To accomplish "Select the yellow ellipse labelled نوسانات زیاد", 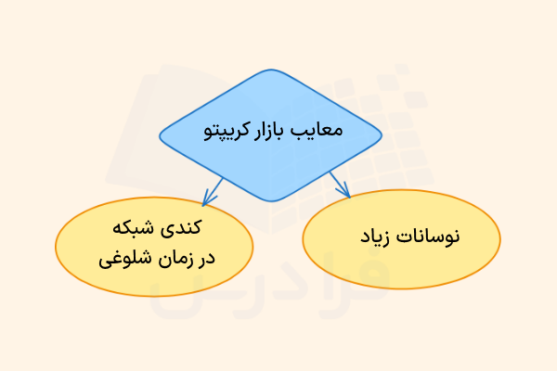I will click(x=402, y=239).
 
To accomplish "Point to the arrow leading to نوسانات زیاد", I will click(x=340, y=184).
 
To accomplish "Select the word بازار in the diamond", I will click(x=272, y=131).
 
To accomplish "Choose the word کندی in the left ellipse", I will click(x=183, y=227).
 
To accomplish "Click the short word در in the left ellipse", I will click(x=206, y=257).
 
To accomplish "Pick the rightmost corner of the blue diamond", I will click(x=383, y=135).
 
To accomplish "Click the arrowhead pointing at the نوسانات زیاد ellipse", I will click(x=347, y=193).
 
